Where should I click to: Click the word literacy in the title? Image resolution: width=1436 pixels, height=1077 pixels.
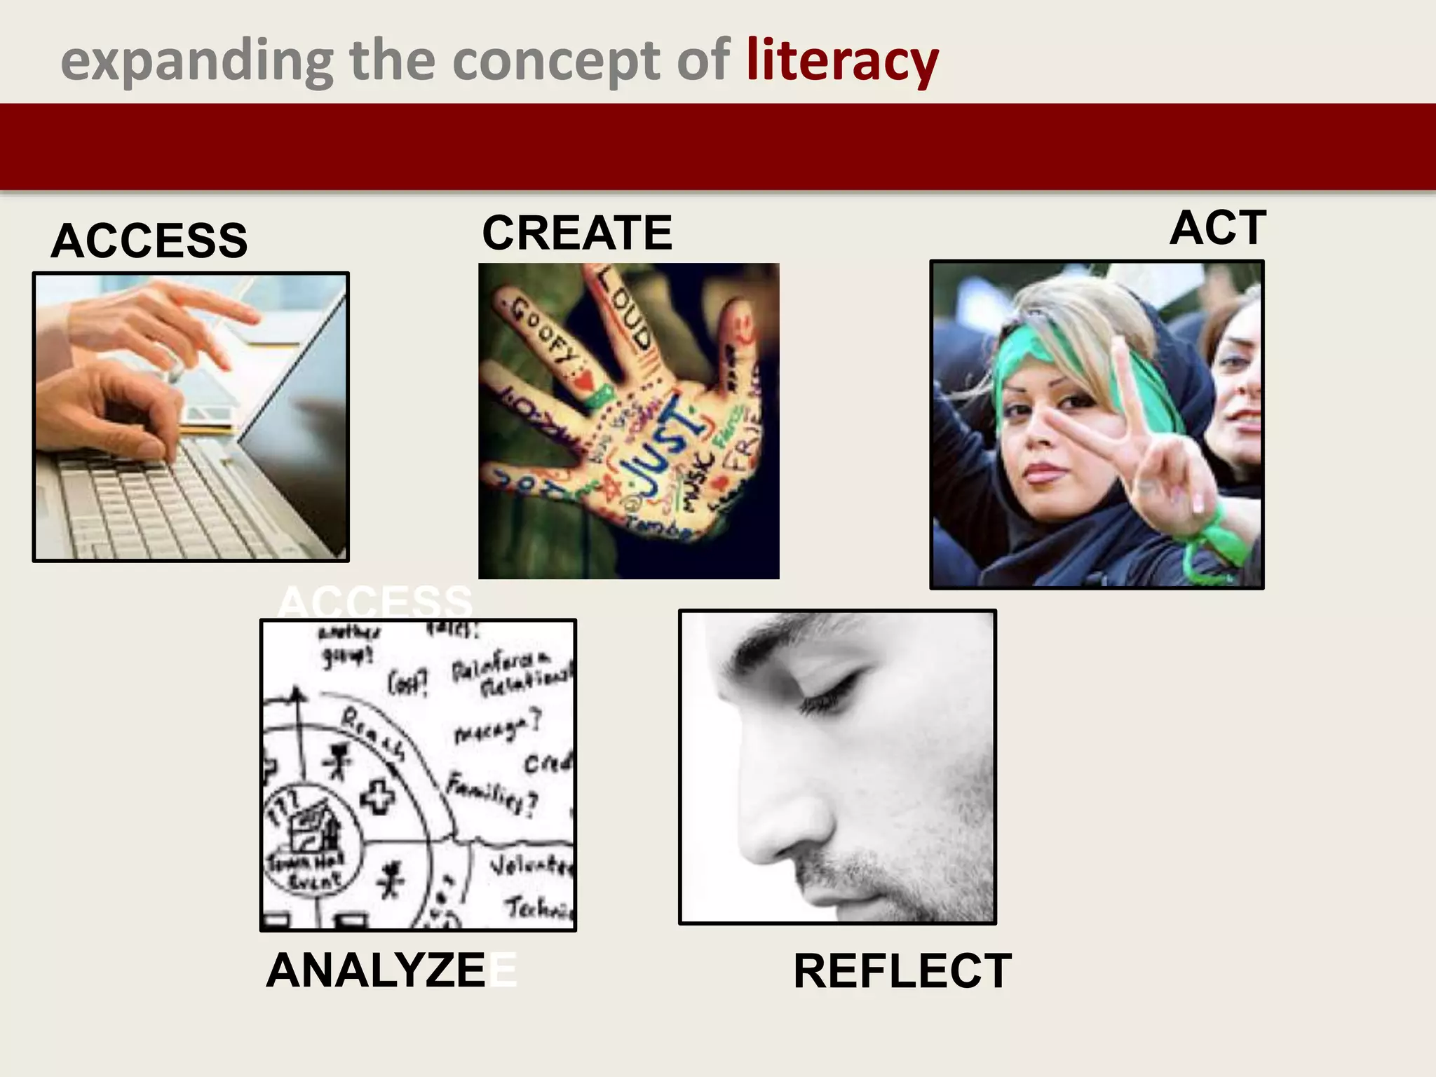tap(841, 62)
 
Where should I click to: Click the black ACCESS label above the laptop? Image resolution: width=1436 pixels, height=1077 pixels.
tap(149, 241)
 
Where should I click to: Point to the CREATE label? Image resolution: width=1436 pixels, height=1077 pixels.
tap(577, 233)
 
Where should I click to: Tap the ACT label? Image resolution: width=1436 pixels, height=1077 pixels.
tap(1218, 228)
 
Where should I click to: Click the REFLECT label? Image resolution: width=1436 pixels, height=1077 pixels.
tap(902, 971)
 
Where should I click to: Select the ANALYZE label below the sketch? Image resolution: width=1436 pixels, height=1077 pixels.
tap(377, 971)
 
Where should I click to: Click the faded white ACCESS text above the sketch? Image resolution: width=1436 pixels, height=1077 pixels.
tap(375, 602)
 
